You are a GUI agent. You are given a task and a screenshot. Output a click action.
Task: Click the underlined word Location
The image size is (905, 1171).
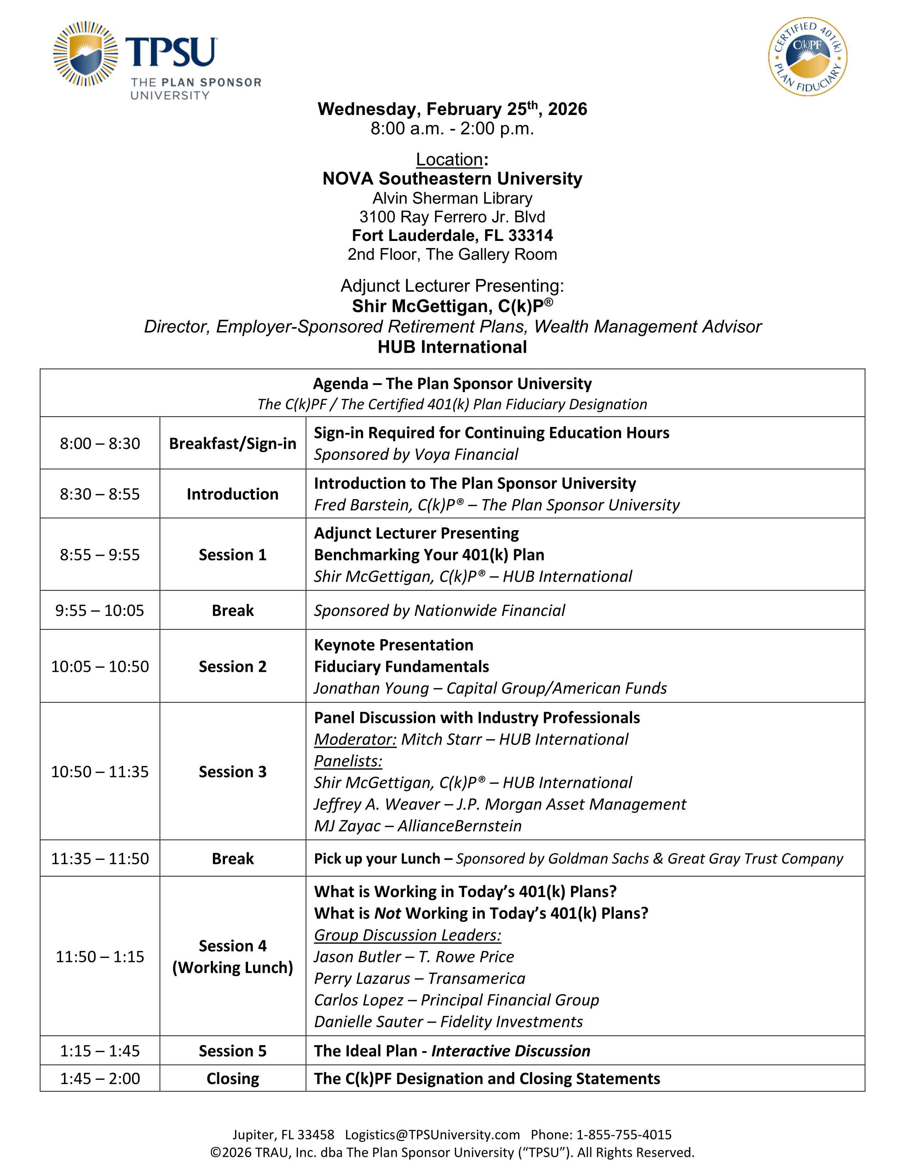coord(449,159)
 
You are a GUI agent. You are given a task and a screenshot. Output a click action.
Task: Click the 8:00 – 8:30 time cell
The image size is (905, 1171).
coord(100,444)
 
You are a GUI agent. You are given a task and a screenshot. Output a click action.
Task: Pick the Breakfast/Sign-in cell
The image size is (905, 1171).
coord(233,444)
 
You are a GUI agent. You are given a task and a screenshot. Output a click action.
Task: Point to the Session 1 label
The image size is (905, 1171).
coord(233,555)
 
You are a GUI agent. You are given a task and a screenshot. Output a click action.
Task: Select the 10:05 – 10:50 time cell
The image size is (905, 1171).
coord(100,666)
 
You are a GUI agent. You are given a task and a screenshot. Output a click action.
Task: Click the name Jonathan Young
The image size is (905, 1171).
coord(371,688)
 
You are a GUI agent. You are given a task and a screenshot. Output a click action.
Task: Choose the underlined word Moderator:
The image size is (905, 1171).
coord(355,740)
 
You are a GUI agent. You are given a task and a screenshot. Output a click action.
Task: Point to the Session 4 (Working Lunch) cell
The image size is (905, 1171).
coord(233,957)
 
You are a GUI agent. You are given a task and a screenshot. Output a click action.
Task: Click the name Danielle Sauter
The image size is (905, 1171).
coord(368,1022)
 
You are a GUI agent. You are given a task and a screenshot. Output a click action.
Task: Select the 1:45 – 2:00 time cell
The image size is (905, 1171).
coord(100,1078)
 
